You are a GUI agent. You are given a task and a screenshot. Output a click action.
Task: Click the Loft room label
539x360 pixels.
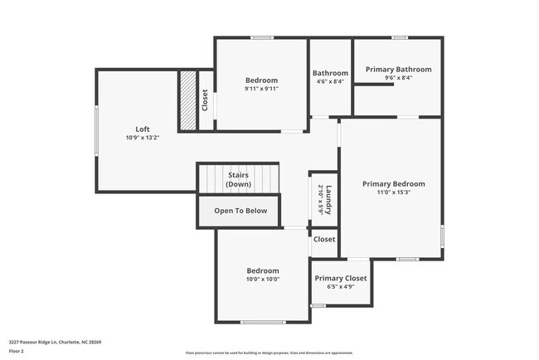pyautogui.click(x=143, y=129)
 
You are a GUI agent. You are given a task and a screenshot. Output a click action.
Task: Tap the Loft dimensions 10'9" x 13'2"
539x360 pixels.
pyautogui.click(x=143, y=138)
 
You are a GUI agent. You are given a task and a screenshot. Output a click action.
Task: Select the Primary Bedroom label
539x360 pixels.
pyautogui.click(x=393, y=183)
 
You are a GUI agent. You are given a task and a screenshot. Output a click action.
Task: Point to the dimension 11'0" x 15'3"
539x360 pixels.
pyautogui.click(x=393, y=192)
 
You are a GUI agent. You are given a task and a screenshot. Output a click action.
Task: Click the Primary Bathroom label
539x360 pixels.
pyautogui.click(x=399, y=70)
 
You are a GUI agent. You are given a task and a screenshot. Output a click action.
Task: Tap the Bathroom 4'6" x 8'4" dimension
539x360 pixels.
pyautogui.click(x=330, y=81)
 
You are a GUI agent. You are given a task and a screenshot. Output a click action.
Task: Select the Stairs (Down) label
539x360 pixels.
pyautogui.click(x=238, y=179)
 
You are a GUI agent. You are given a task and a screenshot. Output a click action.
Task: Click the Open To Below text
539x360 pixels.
pyautogui.click(x=240, y=211)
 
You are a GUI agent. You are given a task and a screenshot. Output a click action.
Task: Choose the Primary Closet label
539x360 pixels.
pyautogui.click(x=340, y=277)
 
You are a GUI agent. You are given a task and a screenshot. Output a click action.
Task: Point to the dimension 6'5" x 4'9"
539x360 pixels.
pyautogui.click(x=340, y=287)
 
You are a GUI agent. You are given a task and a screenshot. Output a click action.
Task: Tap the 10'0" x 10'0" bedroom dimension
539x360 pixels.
pyautogui.click(x=262, y=280)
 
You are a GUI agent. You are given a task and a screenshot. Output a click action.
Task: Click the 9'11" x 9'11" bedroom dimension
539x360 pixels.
pyautogui.click(x=261, y=89)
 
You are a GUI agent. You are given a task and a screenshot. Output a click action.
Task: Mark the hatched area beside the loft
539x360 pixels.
pyautogui.click(x=188, y=100)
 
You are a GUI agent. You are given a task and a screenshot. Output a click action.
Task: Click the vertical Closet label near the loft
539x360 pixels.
pyautogui.click(x=205, y=100)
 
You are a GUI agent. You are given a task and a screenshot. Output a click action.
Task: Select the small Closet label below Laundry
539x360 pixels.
pyautogui.click(x=325, y=240)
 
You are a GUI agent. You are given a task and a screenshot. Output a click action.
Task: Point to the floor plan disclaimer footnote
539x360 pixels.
pyautogui.click(x=269, y=353)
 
